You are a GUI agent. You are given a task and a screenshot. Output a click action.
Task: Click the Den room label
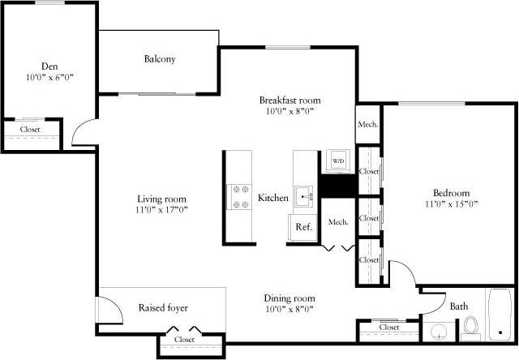pos(49,66)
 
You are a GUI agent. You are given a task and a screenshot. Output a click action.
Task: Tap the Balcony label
pos(160,59)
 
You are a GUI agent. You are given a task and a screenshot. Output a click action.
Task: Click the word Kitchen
pos(273,198)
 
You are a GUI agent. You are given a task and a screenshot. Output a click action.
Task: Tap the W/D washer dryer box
pos(337,161)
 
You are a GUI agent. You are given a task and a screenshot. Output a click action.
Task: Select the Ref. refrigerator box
pos(303,227)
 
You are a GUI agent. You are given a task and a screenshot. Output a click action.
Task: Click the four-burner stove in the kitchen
pos(241,197)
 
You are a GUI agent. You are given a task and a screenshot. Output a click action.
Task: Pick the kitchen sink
pos(305,195)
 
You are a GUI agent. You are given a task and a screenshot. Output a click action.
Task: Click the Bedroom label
pos(452,193)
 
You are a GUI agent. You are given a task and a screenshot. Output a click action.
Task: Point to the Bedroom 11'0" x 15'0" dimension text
pos(452,204)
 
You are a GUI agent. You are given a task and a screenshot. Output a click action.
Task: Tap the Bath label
pos(459,306)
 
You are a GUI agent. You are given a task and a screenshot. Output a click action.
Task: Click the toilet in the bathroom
pos(470,328)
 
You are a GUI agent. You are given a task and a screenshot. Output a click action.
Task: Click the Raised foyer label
pos(163,308)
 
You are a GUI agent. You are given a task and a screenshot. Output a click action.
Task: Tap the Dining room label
pos(290,298)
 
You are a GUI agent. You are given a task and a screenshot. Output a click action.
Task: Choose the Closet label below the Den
pos(30,130)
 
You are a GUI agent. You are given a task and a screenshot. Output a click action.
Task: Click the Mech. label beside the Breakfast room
pos(367,125)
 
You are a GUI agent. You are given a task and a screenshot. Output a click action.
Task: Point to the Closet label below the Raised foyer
pos(184,340)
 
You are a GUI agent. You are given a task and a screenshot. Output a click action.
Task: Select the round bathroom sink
pos(438,332)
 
